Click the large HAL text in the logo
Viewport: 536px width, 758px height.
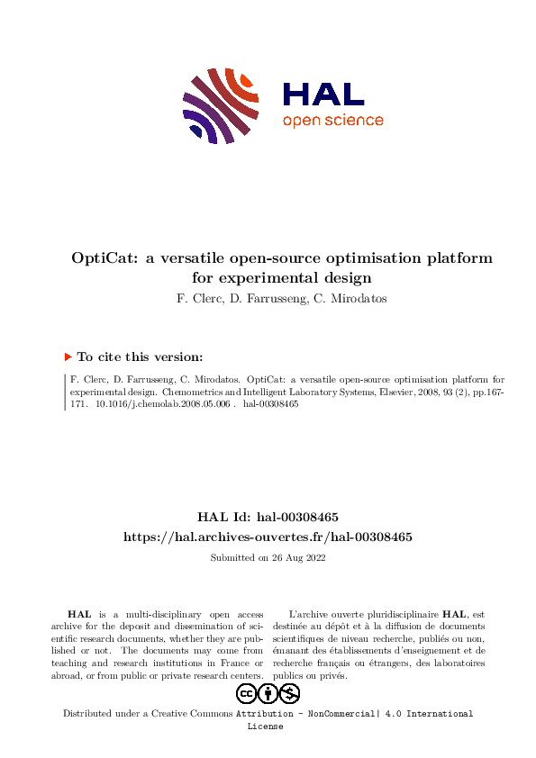click(x=323, y=94)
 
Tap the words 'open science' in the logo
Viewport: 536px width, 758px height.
click(x=332, y=121)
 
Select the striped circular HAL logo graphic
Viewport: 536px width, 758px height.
click(x=219, y=104)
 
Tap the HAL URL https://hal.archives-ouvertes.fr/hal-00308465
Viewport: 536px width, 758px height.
click(x=268, y=537)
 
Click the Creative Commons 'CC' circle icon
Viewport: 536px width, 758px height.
click(x=247, y=693)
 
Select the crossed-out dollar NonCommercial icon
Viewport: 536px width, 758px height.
click(x=290, y=693)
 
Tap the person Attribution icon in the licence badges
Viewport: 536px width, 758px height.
click(x=268, y=693)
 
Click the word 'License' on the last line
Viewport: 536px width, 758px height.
click(x=265, y=726)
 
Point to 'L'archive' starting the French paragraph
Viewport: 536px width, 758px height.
click(x=309, y=613)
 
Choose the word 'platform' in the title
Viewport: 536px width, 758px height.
click(x=463, y=257)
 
